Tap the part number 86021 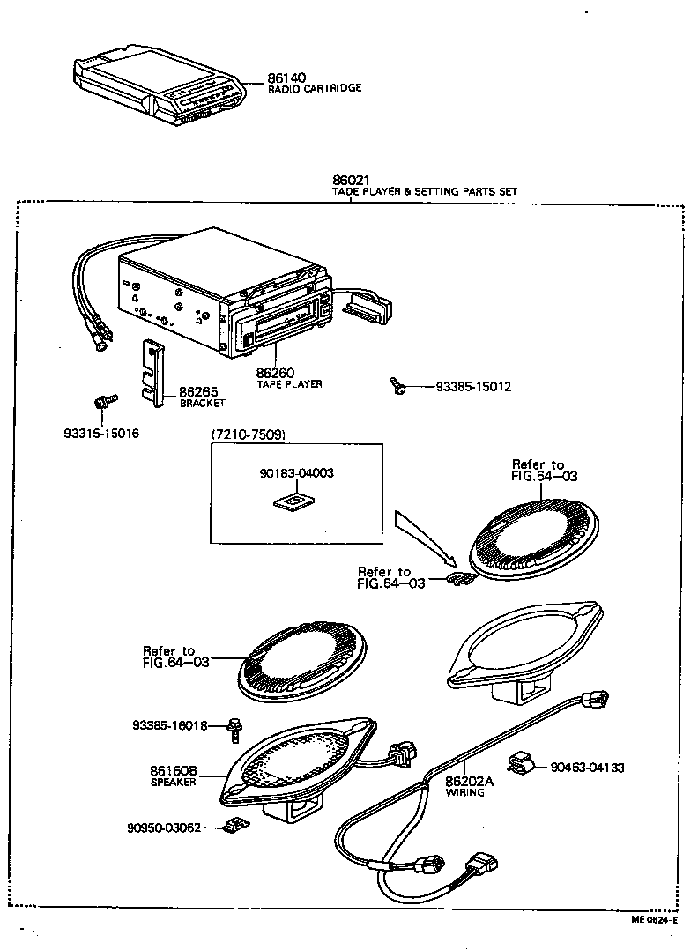point(350,181)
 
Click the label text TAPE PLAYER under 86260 point(289,384)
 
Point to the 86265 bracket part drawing point(155,375)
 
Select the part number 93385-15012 point(473,387)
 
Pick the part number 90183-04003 point(296,473)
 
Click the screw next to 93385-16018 point(235,725)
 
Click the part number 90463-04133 point(588,768)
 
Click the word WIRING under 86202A point(464,792)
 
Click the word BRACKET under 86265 point(203,403)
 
